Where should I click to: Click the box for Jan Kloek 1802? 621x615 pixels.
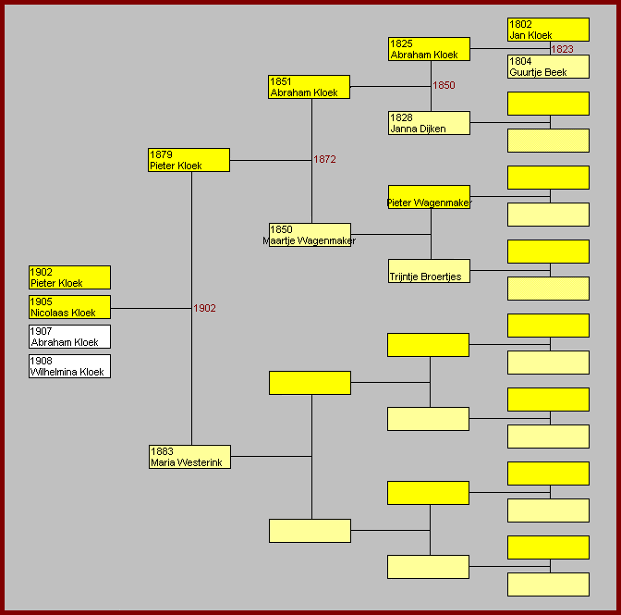548,30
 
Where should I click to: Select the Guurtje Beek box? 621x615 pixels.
548,67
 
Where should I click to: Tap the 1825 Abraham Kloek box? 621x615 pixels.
429,49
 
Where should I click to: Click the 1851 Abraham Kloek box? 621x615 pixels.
309,87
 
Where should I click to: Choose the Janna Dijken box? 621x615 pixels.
429,123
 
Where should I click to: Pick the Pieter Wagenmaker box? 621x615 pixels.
429,197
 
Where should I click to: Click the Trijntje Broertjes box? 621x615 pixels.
429,271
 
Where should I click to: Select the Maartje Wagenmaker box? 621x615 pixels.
310,235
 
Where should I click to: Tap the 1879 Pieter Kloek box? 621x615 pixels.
189,160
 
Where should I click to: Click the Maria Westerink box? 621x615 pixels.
189,457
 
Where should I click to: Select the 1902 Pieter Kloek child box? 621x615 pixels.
69,277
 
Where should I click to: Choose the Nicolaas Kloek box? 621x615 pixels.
69,307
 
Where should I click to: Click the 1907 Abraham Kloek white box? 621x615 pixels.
69,337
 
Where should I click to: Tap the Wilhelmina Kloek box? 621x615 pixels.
69,366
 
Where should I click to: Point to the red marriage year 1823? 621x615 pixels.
562,49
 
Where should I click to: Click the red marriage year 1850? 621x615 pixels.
444,85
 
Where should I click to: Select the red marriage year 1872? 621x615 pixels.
324,159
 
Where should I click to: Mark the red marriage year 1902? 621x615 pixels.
204,308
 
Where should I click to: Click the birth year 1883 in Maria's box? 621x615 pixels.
162,451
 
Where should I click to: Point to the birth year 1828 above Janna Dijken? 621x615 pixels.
401,118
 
